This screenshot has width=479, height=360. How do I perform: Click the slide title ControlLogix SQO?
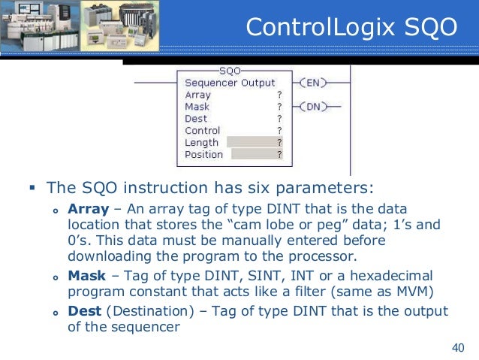click(x=351, y=28)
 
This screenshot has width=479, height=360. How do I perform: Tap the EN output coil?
click(x=312, y=83)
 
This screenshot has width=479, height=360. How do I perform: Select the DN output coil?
click(x=312, y=107)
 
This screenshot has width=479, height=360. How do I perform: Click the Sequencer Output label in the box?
click(x=230, y=83)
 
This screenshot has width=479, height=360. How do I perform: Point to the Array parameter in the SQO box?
click(x=197, y=95)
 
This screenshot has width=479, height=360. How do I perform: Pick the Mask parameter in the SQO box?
click(x=197, y=107)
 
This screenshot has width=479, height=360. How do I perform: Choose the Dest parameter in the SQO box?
click(x=196, y=119)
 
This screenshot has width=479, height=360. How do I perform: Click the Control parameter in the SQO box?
click(x=202, y=131)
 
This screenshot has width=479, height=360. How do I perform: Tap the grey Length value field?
click(x=255, y=142)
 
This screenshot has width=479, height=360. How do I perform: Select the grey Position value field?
click(x=257, y=154)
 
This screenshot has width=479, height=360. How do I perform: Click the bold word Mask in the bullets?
click(x=86, y=276)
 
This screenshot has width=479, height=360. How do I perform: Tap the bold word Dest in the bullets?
click(x=84, y=310)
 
